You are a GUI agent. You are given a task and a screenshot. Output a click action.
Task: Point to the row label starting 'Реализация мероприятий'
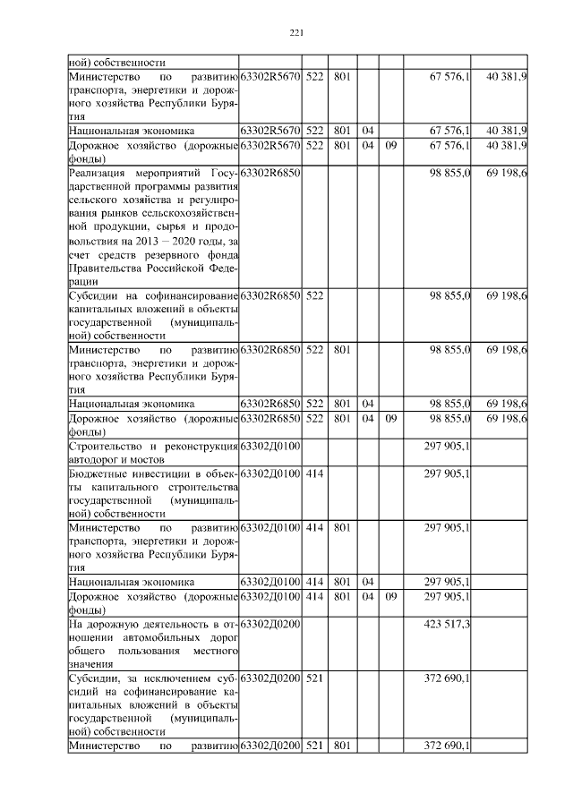[x=153, y=224]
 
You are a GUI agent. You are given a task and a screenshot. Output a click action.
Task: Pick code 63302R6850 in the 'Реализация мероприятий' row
[x=271, y=171]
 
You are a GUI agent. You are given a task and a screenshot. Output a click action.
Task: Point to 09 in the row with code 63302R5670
[x=390, y=145]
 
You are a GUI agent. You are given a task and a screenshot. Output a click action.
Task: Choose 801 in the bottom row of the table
[x=341, y=746]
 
